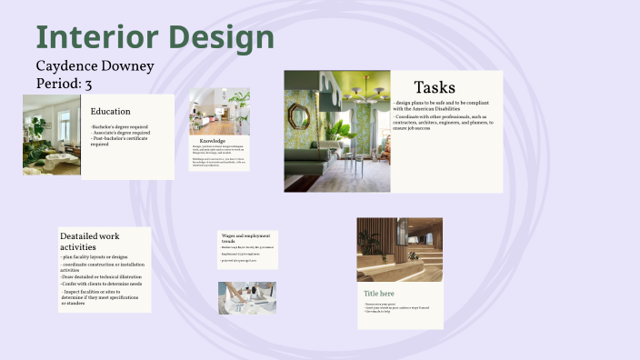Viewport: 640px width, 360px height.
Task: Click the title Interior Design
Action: click(155, 39)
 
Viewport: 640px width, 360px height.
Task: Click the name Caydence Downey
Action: click(95, 66)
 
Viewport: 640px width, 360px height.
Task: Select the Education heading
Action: click(110, 112)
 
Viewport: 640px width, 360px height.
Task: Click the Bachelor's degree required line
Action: click(121, 127)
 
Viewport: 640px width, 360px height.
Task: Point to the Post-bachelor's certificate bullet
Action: click(119, 140)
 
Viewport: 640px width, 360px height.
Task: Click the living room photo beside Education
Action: click(52, 135)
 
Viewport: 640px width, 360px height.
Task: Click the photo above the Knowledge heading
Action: click(219, 112)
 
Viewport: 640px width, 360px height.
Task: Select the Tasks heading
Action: click(434, 87)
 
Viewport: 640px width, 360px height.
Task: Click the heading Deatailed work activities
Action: click(89, 241)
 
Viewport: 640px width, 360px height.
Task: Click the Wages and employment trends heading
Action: click(246, 238)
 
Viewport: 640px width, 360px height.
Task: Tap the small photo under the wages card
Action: click(246, 297)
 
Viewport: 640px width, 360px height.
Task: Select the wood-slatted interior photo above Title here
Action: click(399, 250)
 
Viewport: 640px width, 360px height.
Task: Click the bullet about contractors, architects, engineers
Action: click(441, 123)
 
